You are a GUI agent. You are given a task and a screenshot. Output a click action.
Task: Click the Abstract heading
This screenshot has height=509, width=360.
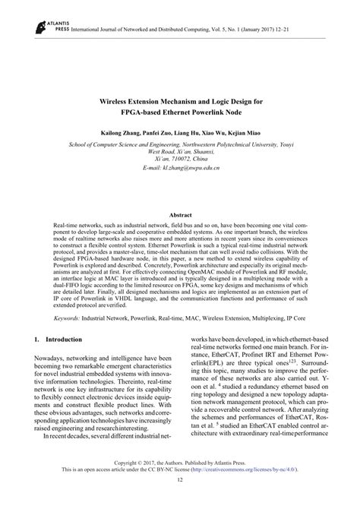pyautogui.click(x=179, y=216)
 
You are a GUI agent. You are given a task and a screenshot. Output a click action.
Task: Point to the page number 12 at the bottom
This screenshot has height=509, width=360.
pyautogui.click(x=179, y=501)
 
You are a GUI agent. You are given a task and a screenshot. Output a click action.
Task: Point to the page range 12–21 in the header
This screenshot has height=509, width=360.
pyautogui.click(x=314, y=27)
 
